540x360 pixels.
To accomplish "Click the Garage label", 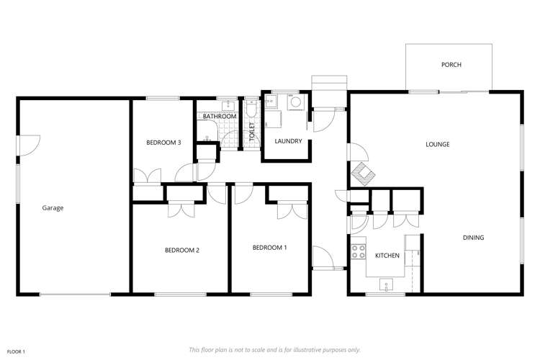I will click(53, 208).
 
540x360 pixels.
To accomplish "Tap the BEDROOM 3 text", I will click(163, 143).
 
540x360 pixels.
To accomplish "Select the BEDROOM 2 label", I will click(181, 251).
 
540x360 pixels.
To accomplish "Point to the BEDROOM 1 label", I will click(269, 248).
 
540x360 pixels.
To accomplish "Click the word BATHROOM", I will click(219, 117).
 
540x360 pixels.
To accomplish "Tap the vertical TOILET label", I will click(252, 131).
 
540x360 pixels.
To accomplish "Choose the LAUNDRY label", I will click(287, 141).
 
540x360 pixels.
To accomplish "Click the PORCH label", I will click(451, 65).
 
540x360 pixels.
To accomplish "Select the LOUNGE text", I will click(437, 144).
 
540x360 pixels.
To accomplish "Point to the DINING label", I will click(473, 238).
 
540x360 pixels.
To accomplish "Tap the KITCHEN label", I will click(387, 256).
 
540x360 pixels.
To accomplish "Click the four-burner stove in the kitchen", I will click(358, 251).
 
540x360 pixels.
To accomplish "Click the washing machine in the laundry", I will click(296, 103).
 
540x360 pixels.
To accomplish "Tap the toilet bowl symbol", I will click(251, 111).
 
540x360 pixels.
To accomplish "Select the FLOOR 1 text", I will click(14, 351).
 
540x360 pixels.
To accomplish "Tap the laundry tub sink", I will click(272, 102).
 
